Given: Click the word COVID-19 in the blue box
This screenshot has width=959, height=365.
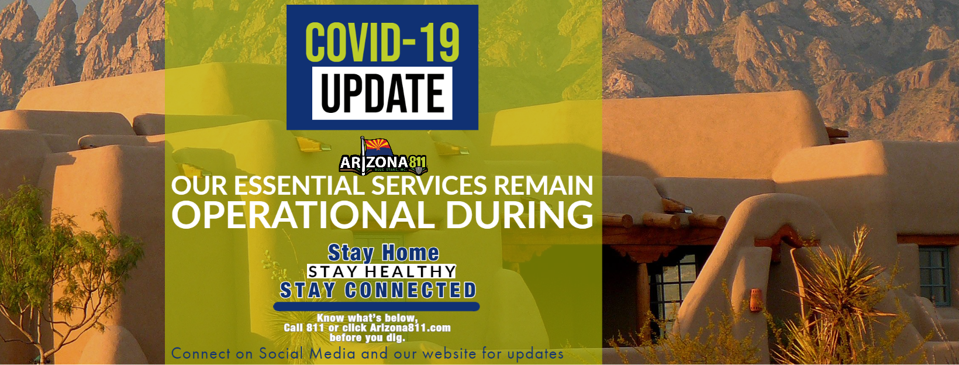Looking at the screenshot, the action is [382, 42].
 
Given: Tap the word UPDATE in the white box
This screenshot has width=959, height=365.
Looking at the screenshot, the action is [382, 93].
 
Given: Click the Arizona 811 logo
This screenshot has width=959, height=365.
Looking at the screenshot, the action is [383, 156].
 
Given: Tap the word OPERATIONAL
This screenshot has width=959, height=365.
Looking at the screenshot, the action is [303, 214].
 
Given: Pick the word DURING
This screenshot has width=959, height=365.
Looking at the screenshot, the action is [520, 214].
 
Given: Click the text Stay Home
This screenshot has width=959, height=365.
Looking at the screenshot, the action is [383, 253].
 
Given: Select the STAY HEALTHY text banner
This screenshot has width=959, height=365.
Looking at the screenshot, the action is [381, 271].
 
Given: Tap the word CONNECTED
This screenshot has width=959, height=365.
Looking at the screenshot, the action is [410, 290].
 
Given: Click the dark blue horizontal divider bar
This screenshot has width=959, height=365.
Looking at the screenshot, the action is [377, 307].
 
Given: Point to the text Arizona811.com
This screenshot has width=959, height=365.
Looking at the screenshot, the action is [410, 328].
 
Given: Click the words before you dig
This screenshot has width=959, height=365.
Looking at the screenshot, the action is [367, 338].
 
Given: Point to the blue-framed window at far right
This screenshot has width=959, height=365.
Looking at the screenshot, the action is [934, 277].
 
